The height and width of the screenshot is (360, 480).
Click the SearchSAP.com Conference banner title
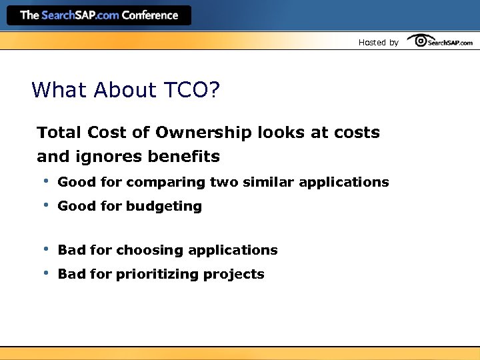tap(99, 15)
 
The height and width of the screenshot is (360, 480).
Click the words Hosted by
tap(378, 42)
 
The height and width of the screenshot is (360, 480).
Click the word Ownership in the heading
tap(204, 133)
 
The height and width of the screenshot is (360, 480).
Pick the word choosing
tap(150, 251)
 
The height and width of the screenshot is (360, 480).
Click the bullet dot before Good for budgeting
tap(46, 205)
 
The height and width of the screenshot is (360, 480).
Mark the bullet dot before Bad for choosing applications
tap(46, 249)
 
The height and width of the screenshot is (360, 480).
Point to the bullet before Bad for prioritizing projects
tap(46, 273)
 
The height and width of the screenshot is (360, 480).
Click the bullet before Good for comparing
tap(46, 181)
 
